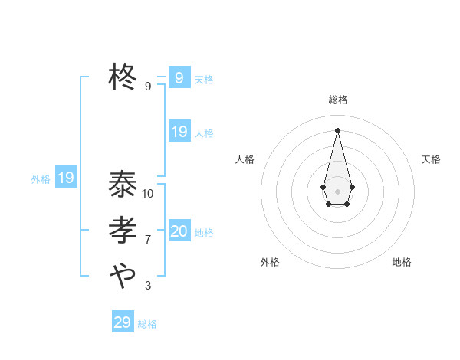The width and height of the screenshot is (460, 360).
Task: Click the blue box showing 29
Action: (x=123, y=322)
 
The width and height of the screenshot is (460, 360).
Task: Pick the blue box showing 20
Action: (x=179, y=231)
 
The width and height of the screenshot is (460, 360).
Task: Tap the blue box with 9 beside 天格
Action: (x=179, y=78)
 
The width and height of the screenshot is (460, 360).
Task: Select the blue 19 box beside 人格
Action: (x=179, y=132)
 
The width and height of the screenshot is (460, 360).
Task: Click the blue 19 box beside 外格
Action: (x=66, y=178)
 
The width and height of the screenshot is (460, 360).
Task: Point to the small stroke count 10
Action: (x=148, y=194)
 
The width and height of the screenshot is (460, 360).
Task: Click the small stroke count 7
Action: (x=148, y=240)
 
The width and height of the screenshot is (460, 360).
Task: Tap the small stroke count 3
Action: (x=148, y=286)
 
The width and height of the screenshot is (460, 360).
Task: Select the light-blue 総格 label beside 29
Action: (x=147, y=324)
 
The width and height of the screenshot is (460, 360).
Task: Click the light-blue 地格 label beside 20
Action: (x=204, y=233)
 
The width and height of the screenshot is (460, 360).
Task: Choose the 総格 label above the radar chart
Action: (x=337, y=100)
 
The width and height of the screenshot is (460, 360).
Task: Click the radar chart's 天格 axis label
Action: (x=431, y=159)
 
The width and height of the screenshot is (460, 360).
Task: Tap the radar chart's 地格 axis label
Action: (x=402, y=262)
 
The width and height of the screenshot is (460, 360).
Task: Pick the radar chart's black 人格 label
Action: (x=245, y=159)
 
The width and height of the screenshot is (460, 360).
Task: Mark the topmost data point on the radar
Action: (x=337, y=129)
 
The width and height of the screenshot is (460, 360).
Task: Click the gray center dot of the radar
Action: (x=337, y=191)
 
